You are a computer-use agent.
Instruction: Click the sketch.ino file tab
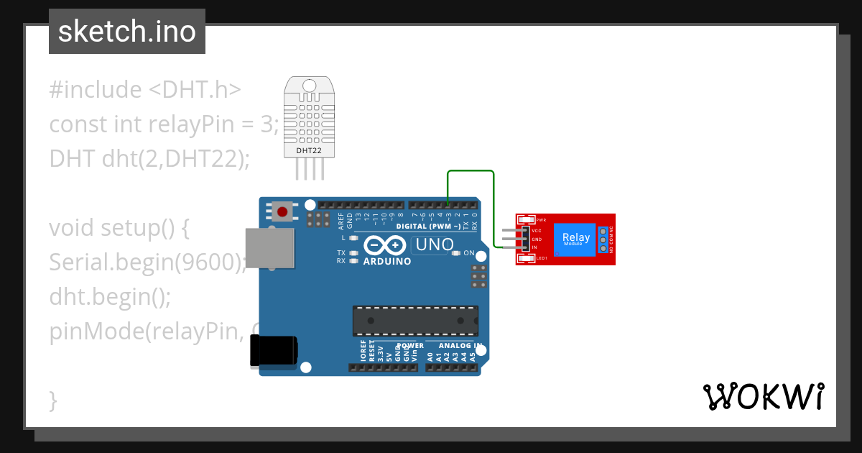coord(127,32)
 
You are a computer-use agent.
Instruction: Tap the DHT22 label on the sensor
coord(309,150)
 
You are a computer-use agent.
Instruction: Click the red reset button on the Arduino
coord(283,211)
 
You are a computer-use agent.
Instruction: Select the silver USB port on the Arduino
coord(269,249)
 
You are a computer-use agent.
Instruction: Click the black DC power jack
coord(272,352)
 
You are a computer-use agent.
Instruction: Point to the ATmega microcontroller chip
coord(415,321)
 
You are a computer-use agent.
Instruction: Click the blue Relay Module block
coord(576,239)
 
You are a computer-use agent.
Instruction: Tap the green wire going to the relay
coord(471,172)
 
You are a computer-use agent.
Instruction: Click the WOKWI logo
coord(763,396)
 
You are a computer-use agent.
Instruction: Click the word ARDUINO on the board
coord(387,262)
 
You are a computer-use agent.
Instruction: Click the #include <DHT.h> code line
coord(145,90)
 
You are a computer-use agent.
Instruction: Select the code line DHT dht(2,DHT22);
coord(149,158)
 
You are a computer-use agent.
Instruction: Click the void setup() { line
coord(119,228)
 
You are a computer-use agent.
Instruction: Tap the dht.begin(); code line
coord(110,296)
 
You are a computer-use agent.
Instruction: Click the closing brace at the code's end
coord(53,400)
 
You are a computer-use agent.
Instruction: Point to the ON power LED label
coord(468,253)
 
